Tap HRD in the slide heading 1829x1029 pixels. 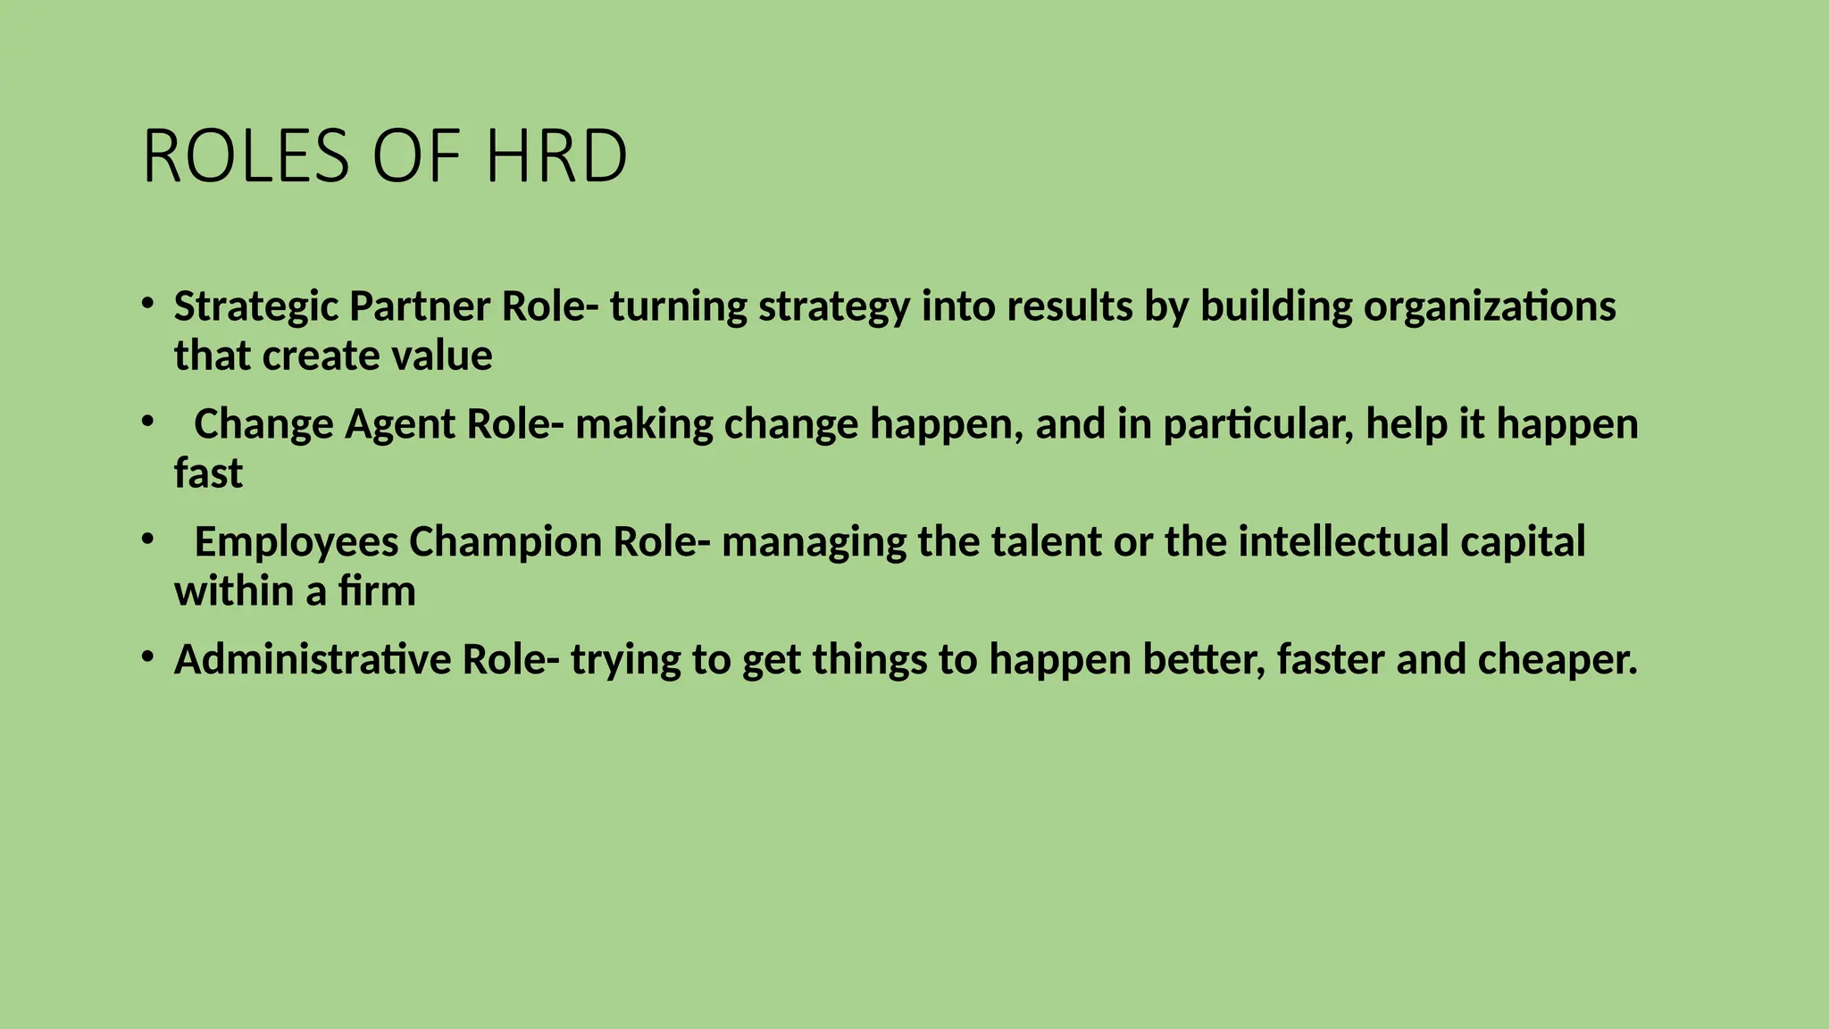(x=556, y=157)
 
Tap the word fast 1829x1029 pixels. (x=208, y=473)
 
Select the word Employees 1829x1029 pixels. (x=296, y=542)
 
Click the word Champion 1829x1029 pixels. (x=505, y=542)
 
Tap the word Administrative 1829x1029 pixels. (x=313, y=660)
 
